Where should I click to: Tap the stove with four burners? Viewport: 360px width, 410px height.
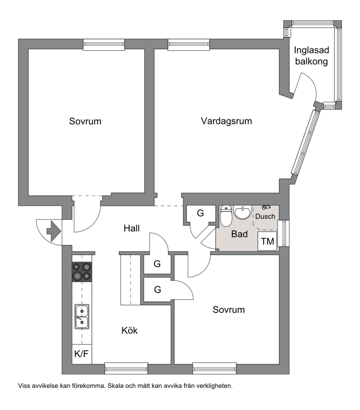pyautogui.click(x=82, y=272)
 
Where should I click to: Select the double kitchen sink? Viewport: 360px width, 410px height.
pyautogui.click(x=82, y=316)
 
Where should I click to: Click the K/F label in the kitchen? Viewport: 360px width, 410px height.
pyautogui.click(x=81, y=354)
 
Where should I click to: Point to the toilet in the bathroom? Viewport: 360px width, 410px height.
pyautogui.click(x=226, y=216)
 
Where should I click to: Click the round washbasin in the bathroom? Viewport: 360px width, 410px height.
pyautogui.click(x=243, y=212)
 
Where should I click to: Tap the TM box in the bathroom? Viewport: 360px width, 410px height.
pyautogui.click(x=267, y=241)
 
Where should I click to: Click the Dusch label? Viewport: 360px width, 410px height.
pyautogui.click(x=265, y=217)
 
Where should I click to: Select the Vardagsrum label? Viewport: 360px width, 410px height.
pyautogui.click(x=226, y=121)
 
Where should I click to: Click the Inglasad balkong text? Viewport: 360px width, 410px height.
pyautogui.click(x=311, y=56)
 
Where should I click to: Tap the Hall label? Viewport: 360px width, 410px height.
pyautogui.click(x=132, y=228)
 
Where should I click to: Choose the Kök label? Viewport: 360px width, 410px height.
pyautogui.click(x=130, y=330)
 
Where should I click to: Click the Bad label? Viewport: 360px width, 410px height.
pyautogui.click(x=239, y=234)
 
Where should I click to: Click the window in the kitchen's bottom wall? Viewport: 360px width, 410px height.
pyautogui.click(x=126, y=369)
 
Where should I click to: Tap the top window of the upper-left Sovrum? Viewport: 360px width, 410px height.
pyautogui.click(x=103, y=45)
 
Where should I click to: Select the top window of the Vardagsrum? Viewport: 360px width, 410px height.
pyautogui.click(x=189, y=45)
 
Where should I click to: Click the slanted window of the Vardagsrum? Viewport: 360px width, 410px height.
pyautogui.click(x=306, y=142)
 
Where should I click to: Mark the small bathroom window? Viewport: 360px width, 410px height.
pyautogui.click(x=284, y=233)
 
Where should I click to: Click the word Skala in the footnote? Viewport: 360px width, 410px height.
pyautogui.click(x=116, y=386)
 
